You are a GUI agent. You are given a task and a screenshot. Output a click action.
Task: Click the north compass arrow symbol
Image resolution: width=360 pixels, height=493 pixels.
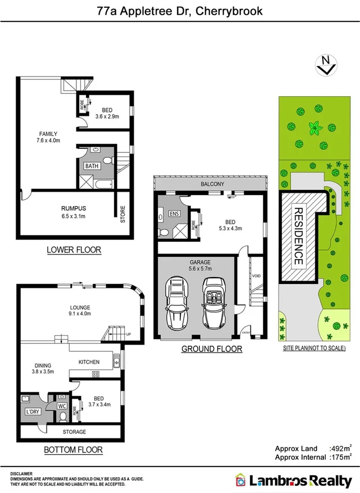tap(326, 66)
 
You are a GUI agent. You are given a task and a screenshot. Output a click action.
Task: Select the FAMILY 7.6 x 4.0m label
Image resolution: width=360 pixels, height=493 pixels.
tap(48, 133)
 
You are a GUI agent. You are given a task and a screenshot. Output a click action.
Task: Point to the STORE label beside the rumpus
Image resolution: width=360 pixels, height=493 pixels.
tap(122, 214)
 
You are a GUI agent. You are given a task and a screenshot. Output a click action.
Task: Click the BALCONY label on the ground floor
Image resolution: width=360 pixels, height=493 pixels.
tap(212, 184)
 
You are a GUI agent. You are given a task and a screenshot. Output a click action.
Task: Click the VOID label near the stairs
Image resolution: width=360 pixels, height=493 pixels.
tap(256, 276)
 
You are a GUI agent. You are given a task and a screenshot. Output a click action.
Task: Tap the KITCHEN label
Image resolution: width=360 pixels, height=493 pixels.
tap(89, 361)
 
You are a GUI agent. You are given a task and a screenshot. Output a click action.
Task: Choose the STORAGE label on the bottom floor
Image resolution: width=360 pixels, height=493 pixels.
tap(74, 432)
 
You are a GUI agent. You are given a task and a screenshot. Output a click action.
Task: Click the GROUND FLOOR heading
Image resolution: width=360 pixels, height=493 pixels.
tap(211, 349)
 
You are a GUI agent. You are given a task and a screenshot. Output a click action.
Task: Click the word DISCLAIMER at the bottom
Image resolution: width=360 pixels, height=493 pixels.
tap(21, 474)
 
